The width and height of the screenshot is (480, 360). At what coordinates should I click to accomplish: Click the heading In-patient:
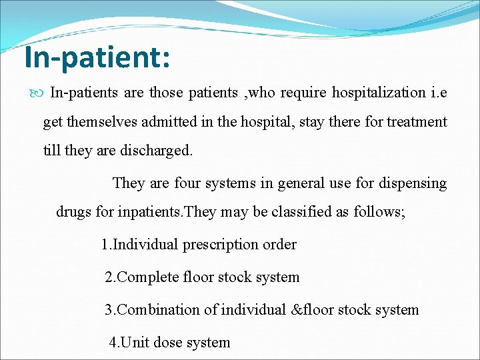point(97,57)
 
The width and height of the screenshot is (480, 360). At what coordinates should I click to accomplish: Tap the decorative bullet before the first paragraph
point(38,93)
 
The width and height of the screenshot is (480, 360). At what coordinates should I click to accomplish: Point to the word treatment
point(417,122)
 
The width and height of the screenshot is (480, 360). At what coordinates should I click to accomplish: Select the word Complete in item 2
point(148,277)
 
